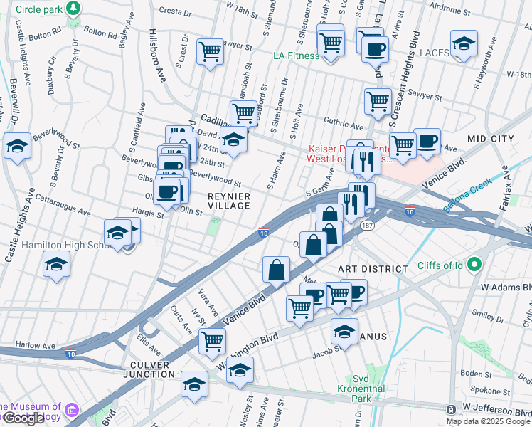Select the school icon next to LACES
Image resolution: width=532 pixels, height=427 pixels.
click(464, 44)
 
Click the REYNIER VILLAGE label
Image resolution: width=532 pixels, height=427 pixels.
click(229, 200)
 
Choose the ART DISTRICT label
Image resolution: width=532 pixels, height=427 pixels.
click(373, 269)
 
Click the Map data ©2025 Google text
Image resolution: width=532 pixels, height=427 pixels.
click(489, 421)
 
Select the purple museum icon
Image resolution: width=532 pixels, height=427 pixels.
click(72, 411)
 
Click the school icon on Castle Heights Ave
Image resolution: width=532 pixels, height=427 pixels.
click(17, 147)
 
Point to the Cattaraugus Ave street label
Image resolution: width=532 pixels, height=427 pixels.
click(63, 207)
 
